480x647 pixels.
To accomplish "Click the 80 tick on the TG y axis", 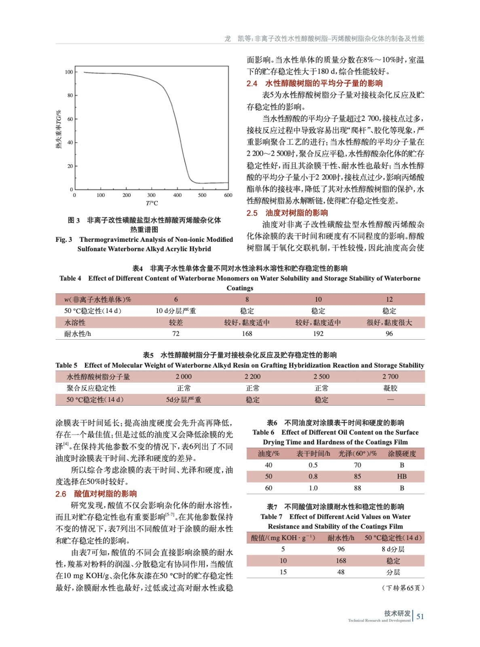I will (70, 95).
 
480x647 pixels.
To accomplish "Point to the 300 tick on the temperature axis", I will (152, 195).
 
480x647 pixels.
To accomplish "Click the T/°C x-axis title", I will (152, 203).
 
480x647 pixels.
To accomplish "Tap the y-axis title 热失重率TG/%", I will (59, 129).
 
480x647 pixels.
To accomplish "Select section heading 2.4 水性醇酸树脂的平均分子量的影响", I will (315, 83).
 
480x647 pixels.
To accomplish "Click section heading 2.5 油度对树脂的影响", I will (287, 213).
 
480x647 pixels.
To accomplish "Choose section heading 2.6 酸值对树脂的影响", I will (96, 494).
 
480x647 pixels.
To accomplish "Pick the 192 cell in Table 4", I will (318, 334).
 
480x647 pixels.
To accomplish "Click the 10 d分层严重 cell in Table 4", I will (176, 311).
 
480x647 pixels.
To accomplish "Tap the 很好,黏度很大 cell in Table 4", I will (389, 322).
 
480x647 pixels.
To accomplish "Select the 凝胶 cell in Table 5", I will (390, 388).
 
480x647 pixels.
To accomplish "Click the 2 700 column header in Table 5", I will (390, 376).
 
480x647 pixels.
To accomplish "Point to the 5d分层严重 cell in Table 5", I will (184, 400).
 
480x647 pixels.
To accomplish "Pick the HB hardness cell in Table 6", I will (402, 476).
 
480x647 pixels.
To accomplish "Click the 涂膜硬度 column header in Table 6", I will (402, 454).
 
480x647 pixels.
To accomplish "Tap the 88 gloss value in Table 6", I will (357, 488).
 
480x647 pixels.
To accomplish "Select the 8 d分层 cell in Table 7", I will (393, 549).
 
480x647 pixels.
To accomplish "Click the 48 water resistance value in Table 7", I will (341, 572).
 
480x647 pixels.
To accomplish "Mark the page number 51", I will (420, 617).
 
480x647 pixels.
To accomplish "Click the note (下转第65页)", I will (403, 588).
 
